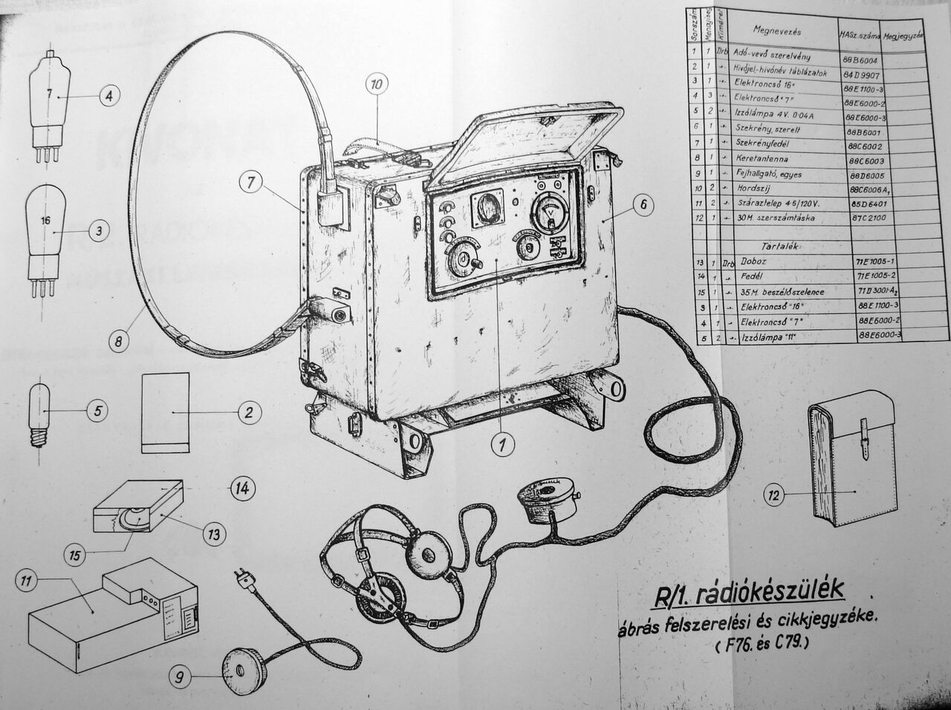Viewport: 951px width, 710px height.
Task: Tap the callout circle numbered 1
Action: (502, 444)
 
